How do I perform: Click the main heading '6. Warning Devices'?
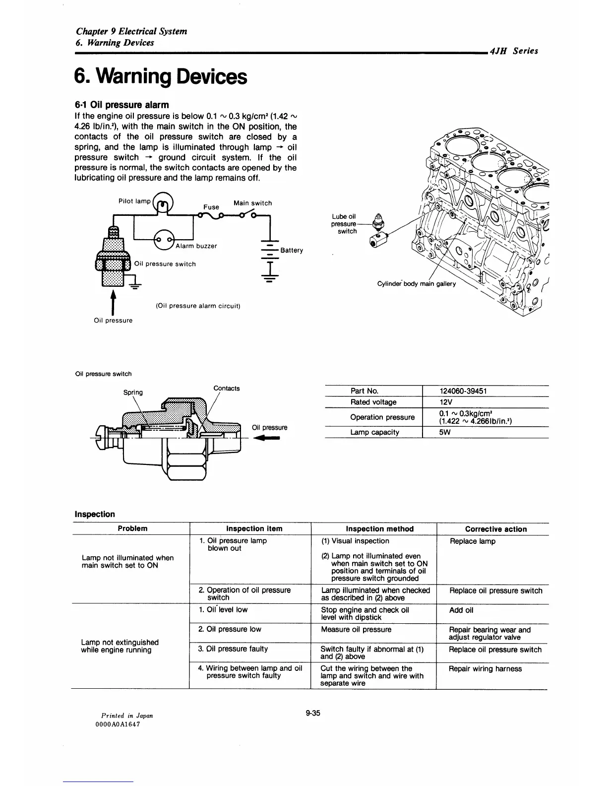coord(160,76)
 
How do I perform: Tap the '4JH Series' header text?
coord(513,51)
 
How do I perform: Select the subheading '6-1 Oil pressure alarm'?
coord(121,105)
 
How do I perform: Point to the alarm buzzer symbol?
coord(164,240)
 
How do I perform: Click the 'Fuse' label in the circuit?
coord(211,207)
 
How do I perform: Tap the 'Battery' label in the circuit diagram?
coord(292,250)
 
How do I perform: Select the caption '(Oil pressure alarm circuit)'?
coord(198,306)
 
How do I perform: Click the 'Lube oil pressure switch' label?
coord(344,224)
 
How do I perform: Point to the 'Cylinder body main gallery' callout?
coord(416,284)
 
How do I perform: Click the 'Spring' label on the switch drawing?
coord(133,393)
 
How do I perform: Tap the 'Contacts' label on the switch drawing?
coord(227,388)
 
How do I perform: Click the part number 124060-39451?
coord(463,391)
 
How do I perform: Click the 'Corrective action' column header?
coord(496,529)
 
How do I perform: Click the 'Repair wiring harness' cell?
coord(485,669)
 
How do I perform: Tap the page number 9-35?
coord(313,714)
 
